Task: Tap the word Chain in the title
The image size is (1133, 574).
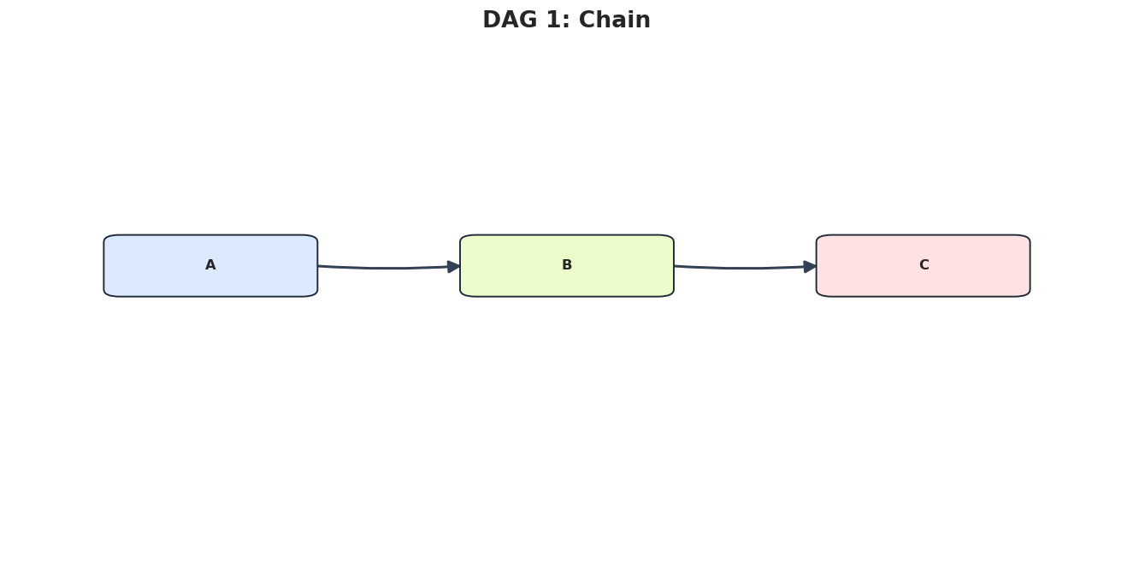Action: click(x=614, y=20)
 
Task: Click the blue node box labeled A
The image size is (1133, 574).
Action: click(x=210, y=266)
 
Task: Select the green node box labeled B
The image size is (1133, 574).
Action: click(x=566, y=266)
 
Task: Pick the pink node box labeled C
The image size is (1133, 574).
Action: click(x=924, y=266)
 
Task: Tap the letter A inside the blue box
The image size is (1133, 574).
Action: click(x=210, y=264)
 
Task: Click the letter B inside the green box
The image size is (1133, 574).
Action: click(x=566, y=264)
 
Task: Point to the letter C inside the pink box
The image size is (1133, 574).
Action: click(x=924, y=264)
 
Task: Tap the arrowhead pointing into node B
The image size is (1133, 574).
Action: click(x=454, y=267)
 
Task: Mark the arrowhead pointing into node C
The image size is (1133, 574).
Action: click(x=811, y=267)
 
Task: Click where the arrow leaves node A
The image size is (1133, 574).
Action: click(x=318, y=266)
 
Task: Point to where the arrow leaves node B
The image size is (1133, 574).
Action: click(x=674, y=266)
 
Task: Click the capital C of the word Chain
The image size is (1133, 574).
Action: click(x=587, y=20)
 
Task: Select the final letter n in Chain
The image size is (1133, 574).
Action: click(x=644, y=22)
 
